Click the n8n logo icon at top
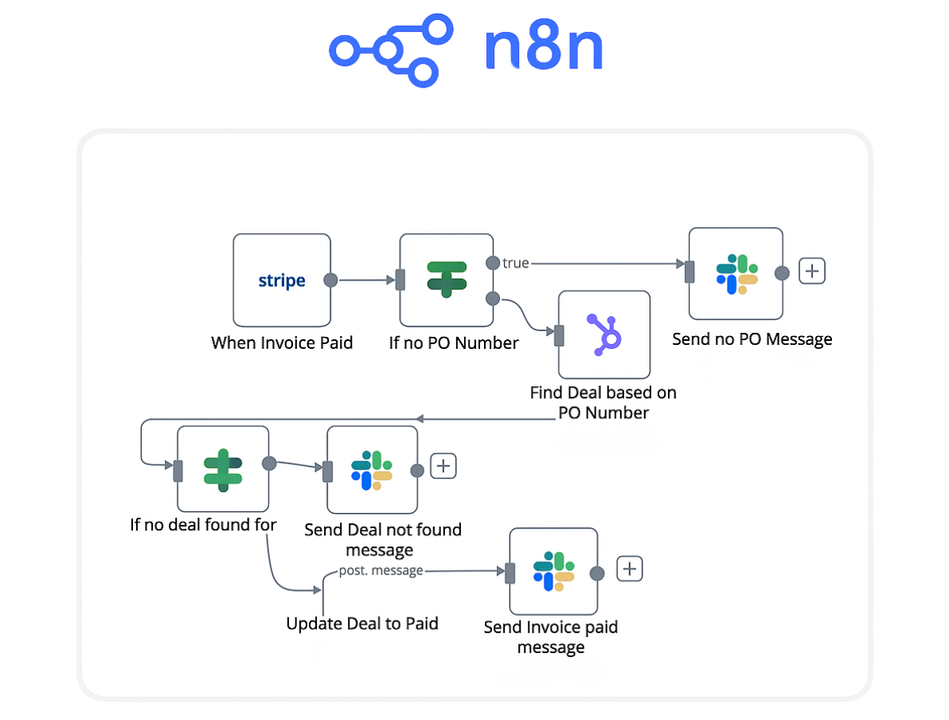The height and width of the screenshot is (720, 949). click(391, 50)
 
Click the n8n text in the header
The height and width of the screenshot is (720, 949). click(543, 49)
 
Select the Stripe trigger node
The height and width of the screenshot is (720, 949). click(281, 280)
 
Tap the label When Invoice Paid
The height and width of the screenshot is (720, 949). click(282, 343)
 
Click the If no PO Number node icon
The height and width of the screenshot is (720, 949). click(446, 280)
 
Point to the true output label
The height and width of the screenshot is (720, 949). click(516, 263)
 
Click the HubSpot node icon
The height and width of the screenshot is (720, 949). click(603, 334)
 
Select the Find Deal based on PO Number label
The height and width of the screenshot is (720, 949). click(603, 402)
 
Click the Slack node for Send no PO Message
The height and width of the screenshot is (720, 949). click(736, 274)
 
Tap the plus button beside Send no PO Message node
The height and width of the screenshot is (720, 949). click(811, 272)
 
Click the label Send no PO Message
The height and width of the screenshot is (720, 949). click(752, 339)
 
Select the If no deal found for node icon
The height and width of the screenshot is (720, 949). click(222, 468)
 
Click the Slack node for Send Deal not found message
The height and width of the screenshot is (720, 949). click(372, 470)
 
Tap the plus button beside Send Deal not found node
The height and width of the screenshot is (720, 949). click(443, 466)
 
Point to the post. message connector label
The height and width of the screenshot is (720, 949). click(381, 570)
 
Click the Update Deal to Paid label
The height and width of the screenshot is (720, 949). click(362, 624)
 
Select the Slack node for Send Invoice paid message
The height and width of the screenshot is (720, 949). click(553, 571)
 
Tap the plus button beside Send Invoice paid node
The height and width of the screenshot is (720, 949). click(630, 569)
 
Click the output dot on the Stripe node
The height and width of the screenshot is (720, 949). click(330, 280)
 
